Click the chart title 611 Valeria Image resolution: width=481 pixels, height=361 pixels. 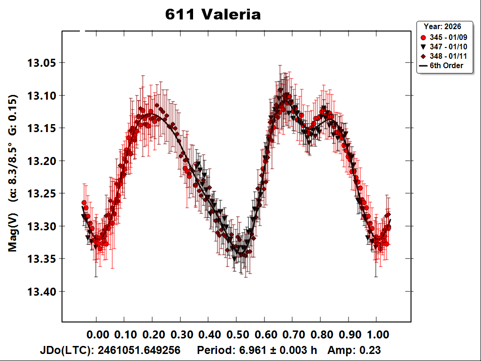click(213, 15)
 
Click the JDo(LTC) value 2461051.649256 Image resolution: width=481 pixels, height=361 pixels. click(137, 351)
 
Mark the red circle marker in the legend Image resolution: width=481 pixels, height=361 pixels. click(423, 37)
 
